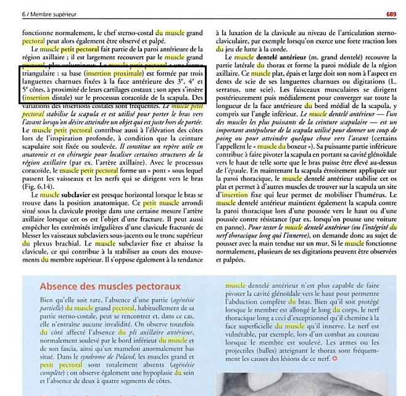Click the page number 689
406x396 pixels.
(391, 12)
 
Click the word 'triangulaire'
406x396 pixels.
(38, 72)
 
